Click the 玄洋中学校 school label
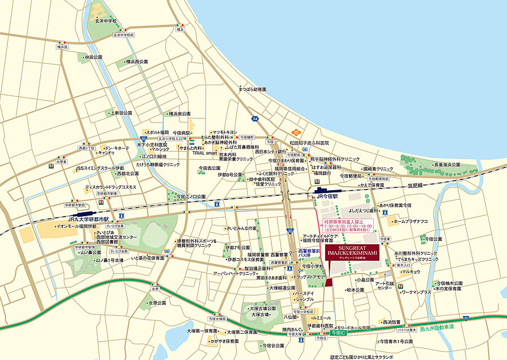click(106, 21)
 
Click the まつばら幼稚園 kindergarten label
click(252, 89)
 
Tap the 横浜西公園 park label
click(137, 62)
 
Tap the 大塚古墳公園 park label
click(264, 309)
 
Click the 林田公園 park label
click(93, 57)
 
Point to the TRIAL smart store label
click(204, 153)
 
